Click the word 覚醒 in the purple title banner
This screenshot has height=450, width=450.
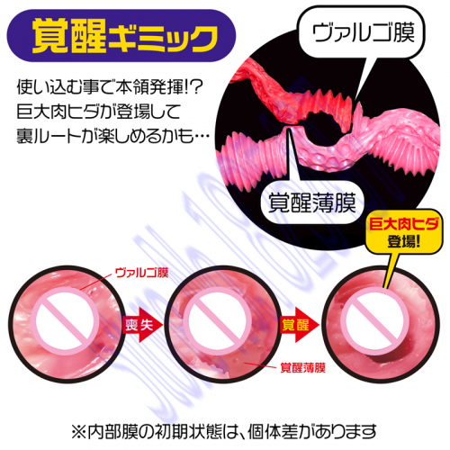(x=69, y=36)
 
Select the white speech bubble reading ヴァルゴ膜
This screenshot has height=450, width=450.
(x=363, y=32)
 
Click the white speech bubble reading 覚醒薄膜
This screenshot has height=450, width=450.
(x=312, y=202)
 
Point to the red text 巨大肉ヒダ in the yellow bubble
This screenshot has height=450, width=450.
(x=404, y=224)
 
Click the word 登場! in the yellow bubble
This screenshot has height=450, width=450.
(x=404, y=241)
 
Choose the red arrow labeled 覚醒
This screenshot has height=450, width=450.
(x=300, y=324)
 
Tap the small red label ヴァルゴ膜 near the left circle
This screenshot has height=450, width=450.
(x=141, y=273)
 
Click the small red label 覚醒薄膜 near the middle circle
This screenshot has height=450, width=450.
(x=303, y=368)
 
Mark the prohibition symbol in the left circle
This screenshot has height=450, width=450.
(x=66, y=320)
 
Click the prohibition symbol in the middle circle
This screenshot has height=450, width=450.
(x=217, y=320)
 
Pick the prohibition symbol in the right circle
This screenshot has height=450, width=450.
(x=375, y=320)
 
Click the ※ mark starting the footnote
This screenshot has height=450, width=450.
(x=79, y=432)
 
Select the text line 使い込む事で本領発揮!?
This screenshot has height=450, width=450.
(x=111, y=87)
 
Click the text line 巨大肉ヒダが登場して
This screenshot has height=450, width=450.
(x=99, y=112)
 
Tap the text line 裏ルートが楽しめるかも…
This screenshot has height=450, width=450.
(x=113, y=135)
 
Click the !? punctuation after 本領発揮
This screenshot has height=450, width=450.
(x=195, y=87)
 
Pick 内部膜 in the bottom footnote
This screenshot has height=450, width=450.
(x=109, y=432)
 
